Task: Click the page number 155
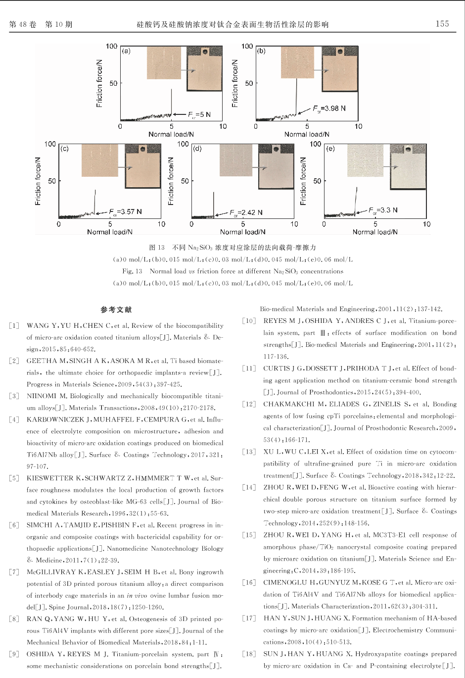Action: pos(442,24)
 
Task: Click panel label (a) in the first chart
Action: pos(126,51)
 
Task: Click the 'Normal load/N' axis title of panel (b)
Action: pos(307,134)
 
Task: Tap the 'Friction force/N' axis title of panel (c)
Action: pos(38,181)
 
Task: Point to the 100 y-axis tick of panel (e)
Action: pos(315,144)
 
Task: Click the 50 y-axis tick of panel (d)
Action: pos(185,181)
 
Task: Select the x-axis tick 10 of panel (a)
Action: pos(223,126)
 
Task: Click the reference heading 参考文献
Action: pos(116,310)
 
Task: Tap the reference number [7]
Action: pos(14,572)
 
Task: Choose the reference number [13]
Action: pos(249,452)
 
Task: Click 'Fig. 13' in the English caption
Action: pos(132,271)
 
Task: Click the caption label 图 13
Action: pos(157,247)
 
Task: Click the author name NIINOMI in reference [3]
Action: pos(41,396)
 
